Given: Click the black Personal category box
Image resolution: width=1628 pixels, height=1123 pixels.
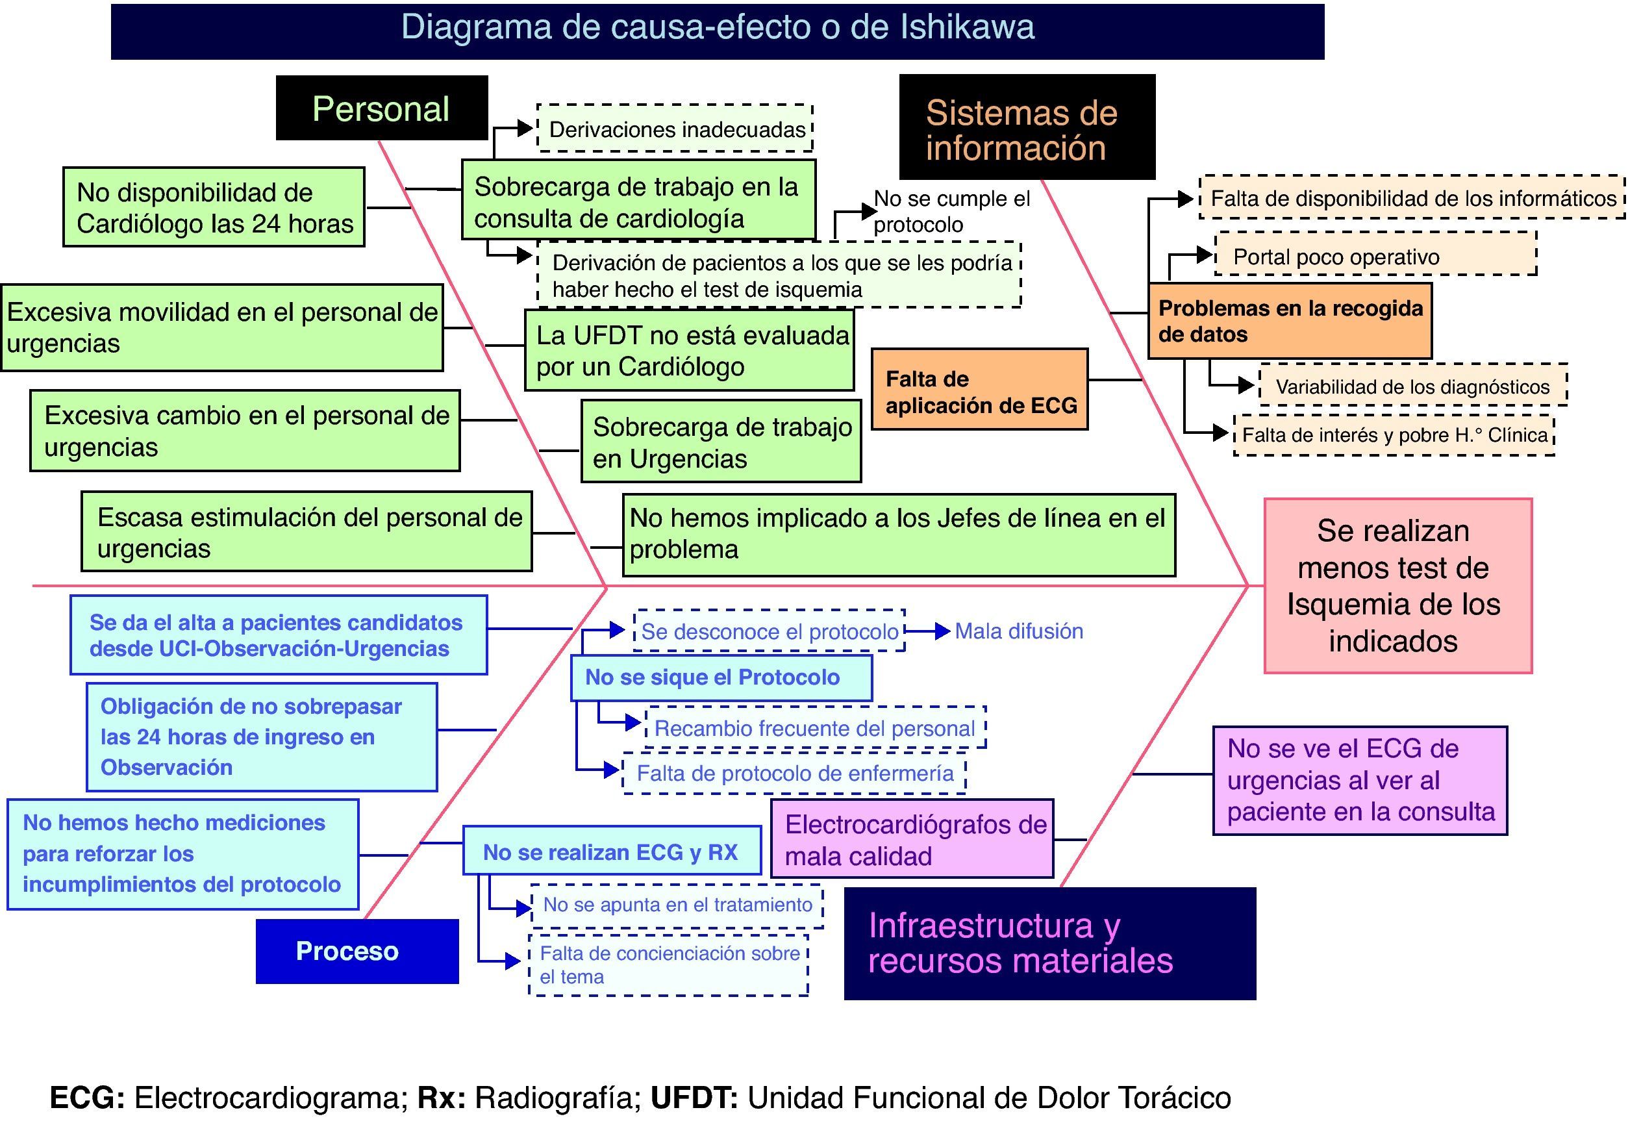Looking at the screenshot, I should [381, 108].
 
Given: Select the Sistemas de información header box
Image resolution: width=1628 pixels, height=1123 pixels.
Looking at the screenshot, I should [1027, 127].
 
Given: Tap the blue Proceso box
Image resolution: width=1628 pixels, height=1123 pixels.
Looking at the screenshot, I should [357, 951].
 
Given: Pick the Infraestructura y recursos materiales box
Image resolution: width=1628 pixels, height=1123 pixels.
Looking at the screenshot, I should [1049, 943].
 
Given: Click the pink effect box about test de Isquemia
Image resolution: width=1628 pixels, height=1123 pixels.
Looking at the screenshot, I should [1397, 585].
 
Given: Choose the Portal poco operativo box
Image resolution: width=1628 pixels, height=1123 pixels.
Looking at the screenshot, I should [1375, 256].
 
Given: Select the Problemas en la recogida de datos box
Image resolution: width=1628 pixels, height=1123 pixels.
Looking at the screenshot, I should [1289, 321].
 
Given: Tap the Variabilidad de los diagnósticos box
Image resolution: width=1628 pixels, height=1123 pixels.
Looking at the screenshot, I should [1412, 386].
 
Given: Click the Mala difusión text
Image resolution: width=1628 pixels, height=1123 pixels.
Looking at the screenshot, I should [1018, 631].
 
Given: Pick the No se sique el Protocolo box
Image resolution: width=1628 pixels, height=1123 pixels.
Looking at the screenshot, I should [720, 677].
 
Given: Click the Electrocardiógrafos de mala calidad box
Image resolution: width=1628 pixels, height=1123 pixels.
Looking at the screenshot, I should [912, 839].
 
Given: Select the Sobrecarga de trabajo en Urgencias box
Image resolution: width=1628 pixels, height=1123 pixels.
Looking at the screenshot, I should [720, 441].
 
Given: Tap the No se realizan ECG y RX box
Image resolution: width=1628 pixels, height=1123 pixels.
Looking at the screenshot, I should [611, 852].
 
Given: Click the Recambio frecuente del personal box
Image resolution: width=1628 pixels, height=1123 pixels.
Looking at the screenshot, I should [815, 727].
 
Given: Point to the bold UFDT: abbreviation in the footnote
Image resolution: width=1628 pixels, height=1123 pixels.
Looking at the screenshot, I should [694, 1098].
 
